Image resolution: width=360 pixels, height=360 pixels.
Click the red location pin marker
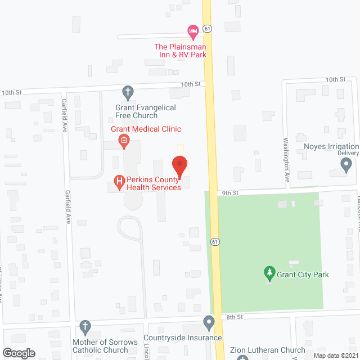click(x=179, y=166)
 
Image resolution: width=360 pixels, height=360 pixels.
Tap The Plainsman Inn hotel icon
click(x=192, y=30)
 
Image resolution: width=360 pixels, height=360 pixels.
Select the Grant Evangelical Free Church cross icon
click(x=128, y=91)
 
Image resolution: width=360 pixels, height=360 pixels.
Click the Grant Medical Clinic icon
click(x=124, y=143)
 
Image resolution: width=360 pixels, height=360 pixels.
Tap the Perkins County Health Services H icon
click(x=119, y=181)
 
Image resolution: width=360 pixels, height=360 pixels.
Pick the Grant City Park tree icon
click(x=269, y=274)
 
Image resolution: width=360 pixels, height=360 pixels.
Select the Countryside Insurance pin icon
click(x=209, y=323)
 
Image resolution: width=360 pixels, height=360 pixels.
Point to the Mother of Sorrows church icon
click(x=85, y=326)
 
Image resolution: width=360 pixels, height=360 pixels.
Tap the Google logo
click(x=19, y=353)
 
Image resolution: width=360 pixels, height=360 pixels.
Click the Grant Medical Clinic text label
click(x=146, y=129)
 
